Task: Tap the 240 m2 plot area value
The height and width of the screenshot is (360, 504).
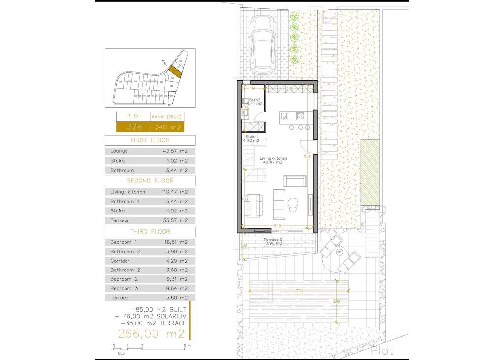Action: [x=167, y=127]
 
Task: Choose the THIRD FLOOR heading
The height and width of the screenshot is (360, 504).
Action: [x=150, y=232]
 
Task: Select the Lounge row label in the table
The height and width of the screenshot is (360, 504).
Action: [x=119, y=151]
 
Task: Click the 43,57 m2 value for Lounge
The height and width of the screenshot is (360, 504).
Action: [x=175, y=151]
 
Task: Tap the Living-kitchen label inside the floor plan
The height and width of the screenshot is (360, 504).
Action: [x=274, y=158]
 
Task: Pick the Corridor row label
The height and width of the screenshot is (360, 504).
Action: [x=120, y=261]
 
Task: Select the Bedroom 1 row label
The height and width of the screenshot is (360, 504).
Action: [x=124, y=242]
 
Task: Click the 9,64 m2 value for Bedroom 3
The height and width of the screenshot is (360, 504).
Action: [x=175, y=288]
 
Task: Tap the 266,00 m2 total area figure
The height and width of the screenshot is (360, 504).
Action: [x=151, y=334]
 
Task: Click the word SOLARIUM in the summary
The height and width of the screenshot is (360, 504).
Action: [x=170, y=316]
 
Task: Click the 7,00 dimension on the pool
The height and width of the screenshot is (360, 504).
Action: [x=299, y=292]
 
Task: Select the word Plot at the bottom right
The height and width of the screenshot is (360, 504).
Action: [x=382, y=351]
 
